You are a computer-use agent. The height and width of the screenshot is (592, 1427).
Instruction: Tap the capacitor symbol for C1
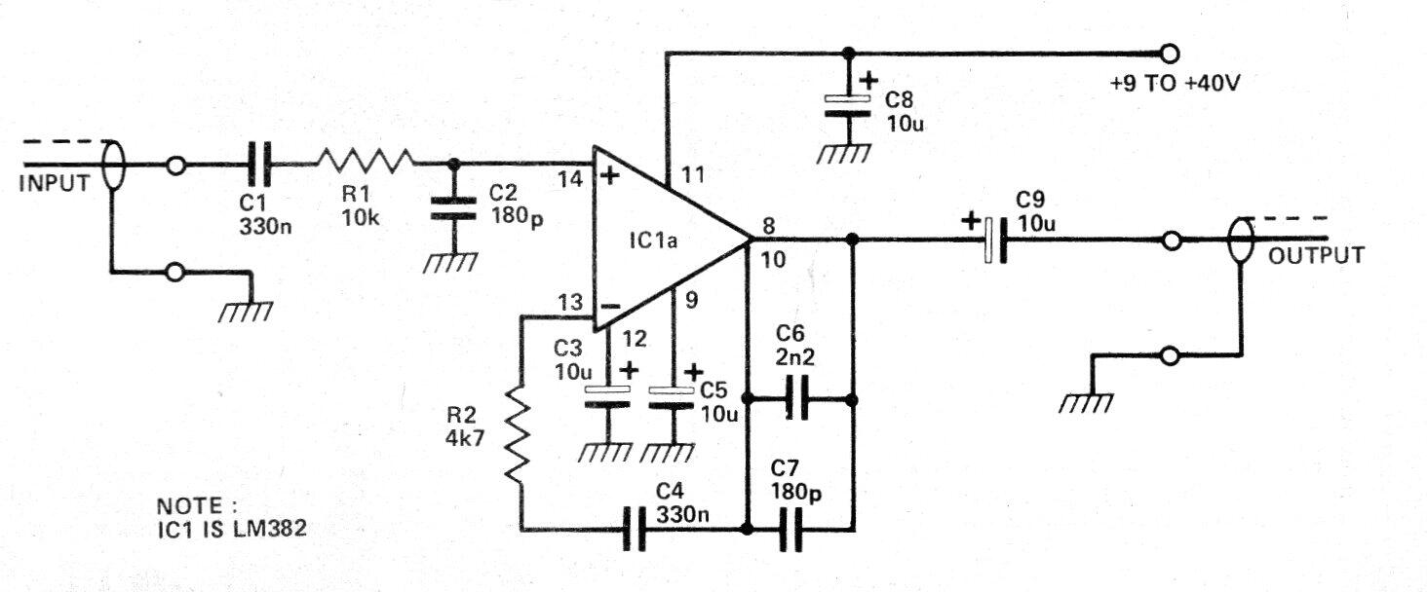pyautogui.click(x=259, y=164)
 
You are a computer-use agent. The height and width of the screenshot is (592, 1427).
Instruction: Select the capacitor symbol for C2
pyautogui.click(x=451, y=207)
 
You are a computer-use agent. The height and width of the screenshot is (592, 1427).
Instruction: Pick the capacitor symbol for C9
pyautogui.click(x=995, y=239)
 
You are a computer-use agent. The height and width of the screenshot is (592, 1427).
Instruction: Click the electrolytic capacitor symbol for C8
pyautogui.click(x=848, y=107)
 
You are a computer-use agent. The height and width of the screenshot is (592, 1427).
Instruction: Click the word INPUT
pyautogui.click(x=54, y=183)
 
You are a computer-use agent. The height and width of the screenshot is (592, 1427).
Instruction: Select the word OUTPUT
pyautogui.click(x=1317, y=255)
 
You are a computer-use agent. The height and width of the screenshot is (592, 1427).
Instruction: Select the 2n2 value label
pyautogui.click(x=796, y=357)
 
